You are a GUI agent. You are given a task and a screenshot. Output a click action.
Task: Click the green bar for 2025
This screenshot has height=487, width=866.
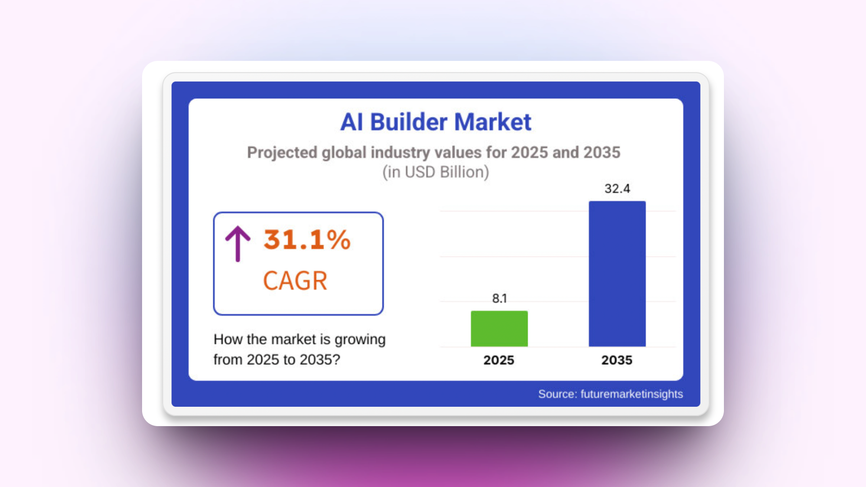(499, 329)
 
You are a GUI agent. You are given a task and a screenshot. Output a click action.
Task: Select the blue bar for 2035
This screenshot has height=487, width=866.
(617, 274)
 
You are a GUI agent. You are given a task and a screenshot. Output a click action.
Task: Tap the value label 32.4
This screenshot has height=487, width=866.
(617, 188)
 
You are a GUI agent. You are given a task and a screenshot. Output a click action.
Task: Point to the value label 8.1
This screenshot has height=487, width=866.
(499, 299)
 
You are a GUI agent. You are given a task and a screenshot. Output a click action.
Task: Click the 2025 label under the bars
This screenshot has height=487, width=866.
(499, 360)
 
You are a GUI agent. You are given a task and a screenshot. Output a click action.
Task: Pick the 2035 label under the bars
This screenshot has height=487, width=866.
(617, 360)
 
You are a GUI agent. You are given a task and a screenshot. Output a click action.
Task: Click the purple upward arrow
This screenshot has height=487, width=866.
(238, 243)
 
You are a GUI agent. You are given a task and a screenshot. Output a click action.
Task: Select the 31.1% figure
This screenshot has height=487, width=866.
(307, 239)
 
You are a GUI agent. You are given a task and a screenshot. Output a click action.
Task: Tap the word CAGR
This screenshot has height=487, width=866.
(295, 281)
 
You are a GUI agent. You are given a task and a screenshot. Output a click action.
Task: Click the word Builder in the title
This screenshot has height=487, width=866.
(409, 122)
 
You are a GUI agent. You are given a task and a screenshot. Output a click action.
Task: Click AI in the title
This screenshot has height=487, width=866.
(351, 122)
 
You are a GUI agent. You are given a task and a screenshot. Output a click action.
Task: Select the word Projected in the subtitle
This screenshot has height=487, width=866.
(282, 153)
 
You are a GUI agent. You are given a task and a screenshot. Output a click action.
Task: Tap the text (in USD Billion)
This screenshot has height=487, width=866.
(436, 172)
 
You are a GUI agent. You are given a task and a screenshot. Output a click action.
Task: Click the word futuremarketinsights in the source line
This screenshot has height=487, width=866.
(631, 394)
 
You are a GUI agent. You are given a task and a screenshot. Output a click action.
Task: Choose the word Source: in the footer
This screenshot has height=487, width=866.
(557, 394)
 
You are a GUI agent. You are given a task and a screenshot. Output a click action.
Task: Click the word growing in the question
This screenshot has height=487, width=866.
(360, 340)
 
